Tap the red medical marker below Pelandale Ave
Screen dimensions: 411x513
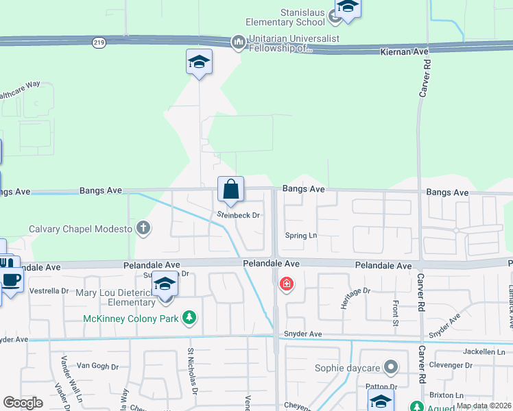[286, 283]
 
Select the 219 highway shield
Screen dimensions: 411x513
[99, 42]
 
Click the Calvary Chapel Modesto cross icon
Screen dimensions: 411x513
[143, 229]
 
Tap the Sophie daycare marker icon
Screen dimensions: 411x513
[391, 368]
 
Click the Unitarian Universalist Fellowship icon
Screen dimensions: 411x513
[238, 42]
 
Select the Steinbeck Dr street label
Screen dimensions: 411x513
[239, 215]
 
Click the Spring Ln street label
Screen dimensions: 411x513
[302, 236]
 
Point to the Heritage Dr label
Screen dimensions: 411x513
[357, 291]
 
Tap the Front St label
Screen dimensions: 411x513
[396, 312]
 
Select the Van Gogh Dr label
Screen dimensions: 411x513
[97, 366]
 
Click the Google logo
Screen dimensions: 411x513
[23, 403]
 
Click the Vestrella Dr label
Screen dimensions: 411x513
[48, 291]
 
